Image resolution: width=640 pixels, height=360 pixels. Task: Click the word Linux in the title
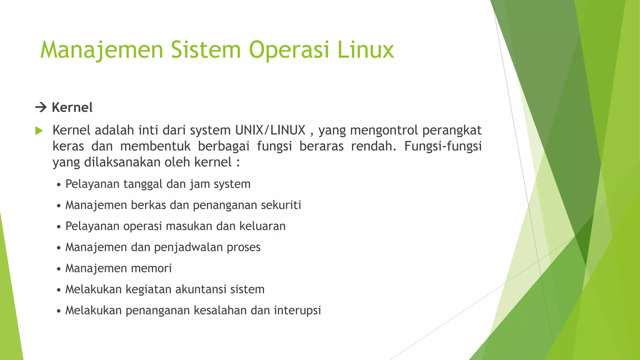click(x=366, y=50)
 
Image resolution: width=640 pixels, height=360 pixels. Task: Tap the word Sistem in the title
click(x=206, y=50)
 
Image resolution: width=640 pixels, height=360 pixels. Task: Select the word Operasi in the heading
click(x=289, y=50)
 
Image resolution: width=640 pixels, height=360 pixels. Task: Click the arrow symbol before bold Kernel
click(x=41, y=108)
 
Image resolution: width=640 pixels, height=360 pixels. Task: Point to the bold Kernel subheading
click(x=72, y=107)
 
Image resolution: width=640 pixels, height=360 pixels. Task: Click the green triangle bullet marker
click(x=39, y=131)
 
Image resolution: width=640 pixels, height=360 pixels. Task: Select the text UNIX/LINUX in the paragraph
click(x=270, y=130)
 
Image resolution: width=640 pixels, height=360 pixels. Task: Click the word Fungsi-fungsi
click(x=443, y=146)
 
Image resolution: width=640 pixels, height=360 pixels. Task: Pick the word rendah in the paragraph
click(x=372, y=146)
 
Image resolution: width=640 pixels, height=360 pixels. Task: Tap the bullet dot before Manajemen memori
click(x=59, y=269)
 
